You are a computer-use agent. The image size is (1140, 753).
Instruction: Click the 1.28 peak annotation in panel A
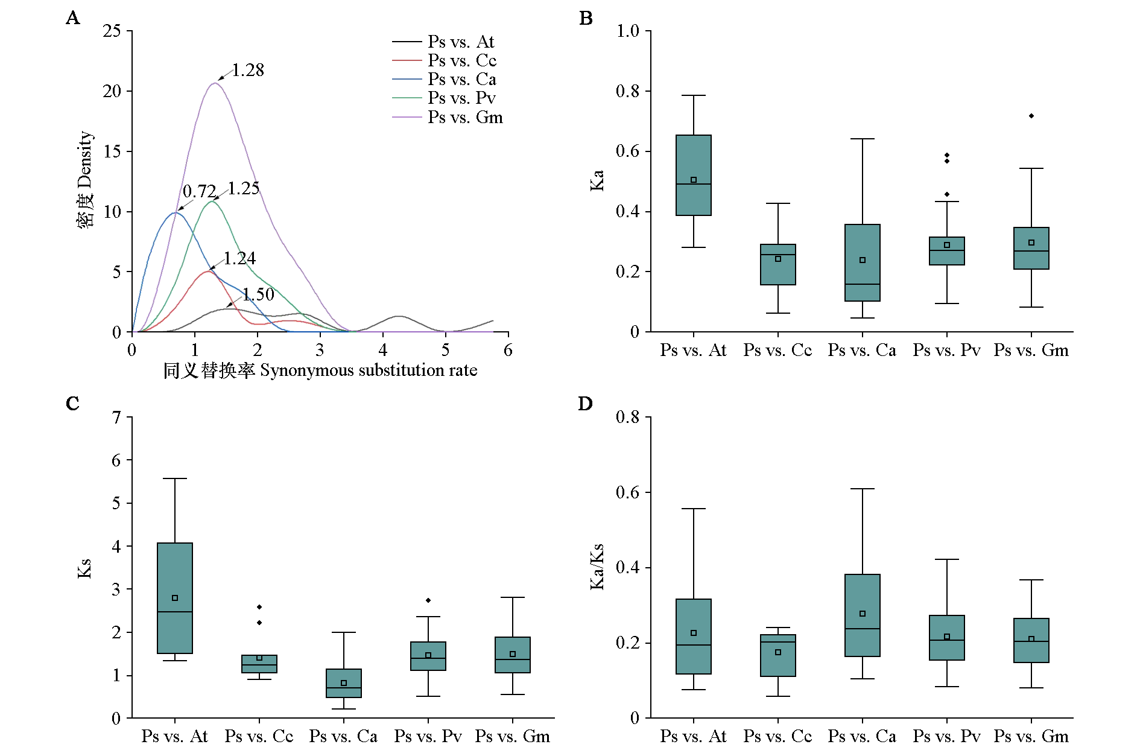pyautogui.click(x=248, y=70)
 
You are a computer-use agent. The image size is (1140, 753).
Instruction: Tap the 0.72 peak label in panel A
pyautogui.click(x=199, y=191)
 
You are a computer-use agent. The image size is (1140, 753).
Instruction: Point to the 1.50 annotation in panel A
pyautogui.click(x=258, y=294)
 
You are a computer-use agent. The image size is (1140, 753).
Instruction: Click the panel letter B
pyautogui.click(x=586, y=18)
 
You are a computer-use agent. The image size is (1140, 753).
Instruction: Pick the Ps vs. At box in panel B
pyautogui.click(x=694, y=175)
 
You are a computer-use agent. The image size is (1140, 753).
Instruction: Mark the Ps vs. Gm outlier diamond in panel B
pyautogui.click(x=1031, y=116)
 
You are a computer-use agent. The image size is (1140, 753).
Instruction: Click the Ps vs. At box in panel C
pyautogui.click(x=175, y=598)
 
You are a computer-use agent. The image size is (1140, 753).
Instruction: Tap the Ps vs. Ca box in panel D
pyautogui.click(x=863, y=615)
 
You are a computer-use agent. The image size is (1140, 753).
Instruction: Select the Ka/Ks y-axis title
pyautogui.click(x=597, y=567)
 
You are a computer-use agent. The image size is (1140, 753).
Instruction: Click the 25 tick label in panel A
pyautogui.click(x=112, y=31)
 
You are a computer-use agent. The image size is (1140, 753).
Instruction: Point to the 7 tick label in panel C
pyautogui.click(x=116, y=417)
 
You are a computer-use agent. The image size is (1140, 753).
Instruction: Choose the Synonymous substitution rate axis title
pyautogui.click(x=369, y=370)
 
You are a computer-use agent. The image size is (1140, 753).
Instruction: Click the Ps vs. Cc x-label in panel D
pyautogui.click(x=777, y=736)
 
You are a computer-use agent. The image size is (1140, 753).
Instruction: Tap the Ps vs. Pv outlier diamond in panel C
pyautogui.click(x=428, y=600)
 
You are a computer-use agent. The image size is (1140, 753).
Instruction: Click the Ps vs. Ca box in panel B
pyautogui.click(x=863, y=262)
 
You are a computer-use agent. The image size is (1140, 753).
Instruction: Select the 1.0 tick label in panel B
pyautogui.click(x=627, y=31)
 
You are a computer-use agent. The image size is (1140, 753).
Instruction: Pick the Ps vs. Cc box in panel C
pyautogui.click(x=259, y=664)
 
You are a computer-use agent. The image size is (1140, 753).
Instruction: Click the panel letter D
pyautogui.click(x=586, y=403)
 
